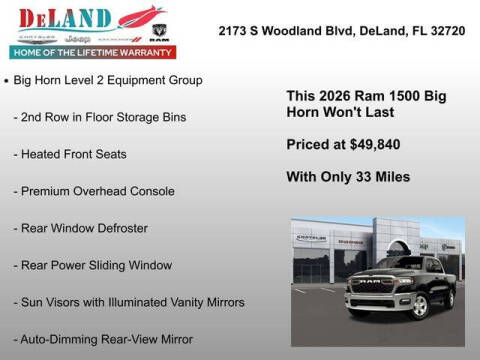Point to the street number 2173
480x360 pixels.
pos(236,31)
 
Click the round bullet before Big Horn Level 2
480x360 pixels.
pos(8,79)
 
